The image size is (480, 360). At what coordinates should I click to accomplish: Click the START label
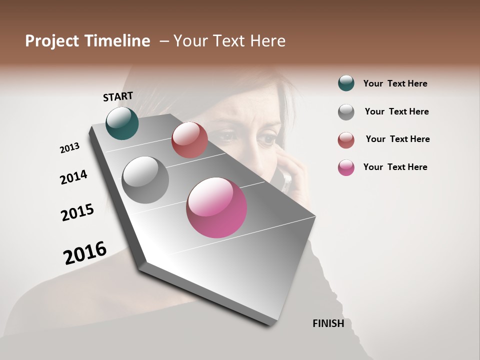[118, 96]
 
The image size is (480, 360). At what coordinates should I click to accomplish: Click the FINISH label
[328, 323]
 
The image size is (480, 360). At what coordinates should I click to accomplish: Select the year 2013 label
[69, 148]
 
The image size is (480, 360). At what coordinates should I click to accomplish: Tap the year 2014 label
[73, 177]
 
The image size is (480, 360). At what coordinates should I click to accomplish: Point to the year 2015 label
[77, 212]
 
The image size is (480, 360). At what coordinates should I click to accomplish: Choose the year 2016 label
[85, 252]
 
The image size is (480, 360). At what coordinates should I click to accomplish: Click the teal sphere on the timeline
[122, 123]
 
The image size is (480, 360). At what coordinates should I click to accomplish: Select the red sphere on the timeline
[189, 140]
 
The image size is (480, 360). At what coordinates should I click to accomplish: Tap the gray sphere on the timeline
[145, 180]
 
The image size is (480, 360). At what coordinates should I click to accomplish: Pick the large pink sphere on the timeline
[216, 207]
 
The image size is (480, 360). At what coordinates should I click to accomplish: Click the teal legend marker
[346, 83]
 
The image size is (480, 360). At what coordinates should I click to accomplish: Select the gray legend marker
[346, 111]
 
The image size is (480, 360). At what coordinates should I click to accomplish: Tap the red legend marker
[346, 140]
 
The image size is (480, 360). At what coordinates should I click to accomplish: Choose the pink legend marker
[346, 167]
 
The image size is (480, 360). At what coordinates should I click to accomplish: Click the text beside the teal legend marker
[395, 83]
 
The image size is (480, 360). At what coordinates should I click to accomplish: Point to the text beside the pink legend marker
[395, 167]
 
